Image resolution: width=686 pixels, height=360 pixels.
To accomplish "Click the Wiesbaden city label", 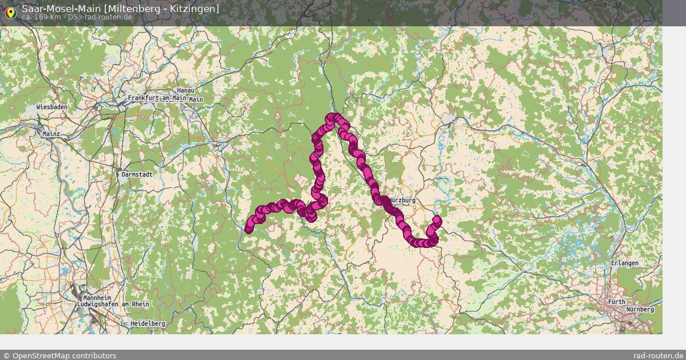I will point(52,107).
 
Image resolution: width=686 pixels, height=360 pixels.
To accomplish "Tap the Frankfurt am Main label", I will point(157,98).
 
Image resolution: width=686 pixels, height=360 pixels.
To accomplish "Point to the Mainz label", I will point(51,134).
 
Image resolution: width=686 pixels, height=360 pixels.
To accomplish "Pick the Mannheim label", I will point(97,298).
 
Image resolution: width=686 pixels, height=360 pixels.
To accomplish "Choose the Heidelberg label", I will point(147,323).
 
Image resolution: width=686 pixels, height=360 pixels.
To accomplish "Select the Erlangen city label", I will point(624,263).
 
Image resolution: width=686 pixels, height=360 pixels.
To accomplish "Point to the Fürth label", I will point(617,302).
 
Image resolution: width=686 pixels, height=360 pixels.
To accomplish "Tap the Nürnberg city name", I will point(640,309).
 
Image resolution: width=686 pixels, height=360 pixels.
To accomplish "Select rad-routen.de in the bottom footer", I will point(659,355).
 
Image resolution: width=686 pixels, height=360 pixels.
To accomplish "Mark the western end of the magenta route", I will point(249,230).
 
